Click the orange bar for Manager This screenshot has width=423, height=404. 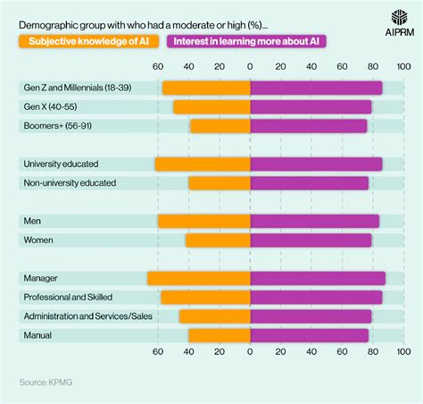point(198,278)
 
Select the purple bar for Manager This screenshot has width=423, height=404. point(318,278)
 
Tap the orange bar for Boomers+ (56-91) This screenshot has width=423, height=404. point(220,126)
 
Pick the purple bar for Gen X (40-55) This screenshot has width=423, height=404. point(311,106)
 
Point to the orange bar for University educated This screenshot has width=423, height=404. point(202,164)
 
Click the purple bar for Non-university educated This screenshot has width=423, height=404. point(309,183)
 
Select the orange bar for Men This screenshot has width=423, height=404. point(203,221)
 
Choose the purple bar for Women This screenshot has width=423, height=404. point(311,240)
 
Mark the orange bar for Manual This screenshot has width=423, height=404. point(219,335)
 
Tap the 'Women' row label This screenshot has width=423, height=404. point(38,240)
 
